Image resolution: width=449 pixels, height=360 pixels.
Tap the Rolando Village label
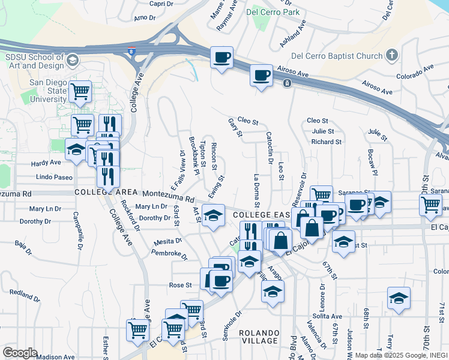pos(259,337)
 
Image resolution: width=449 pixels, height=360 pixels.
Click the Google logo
pos(20,352)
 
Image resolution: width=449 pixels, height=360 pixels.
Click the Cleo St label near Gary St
pos(247,121)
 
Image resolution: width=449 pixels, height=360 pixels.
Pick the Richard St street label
pos(326,142)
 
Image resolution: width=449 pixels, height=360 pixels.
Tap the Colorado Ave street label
pos(415,73)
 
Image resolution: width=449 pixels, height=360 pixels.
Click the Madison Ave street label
pos(55,356)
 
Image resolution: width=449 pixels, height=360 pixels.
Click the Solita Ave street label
pos(327,316)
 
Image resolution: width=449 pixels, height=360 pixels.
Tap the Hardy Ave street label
pos(47,163)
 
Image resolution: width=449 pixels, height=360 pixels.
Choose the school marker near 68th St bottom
pos(399,298)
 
